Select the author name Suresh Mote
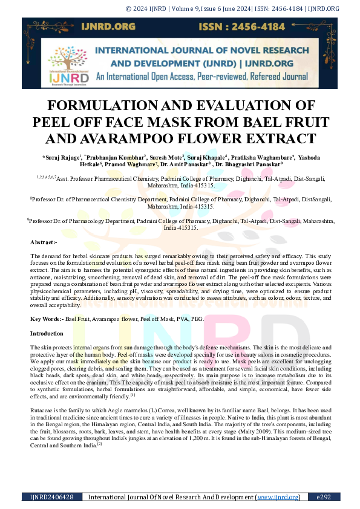[x=166, y=157]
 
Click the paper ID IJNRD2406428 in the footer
[x=52, y=497]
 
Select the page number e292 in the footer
[x=324, y=497]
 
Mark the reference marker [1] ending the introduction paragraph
[x=133, y=395]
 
